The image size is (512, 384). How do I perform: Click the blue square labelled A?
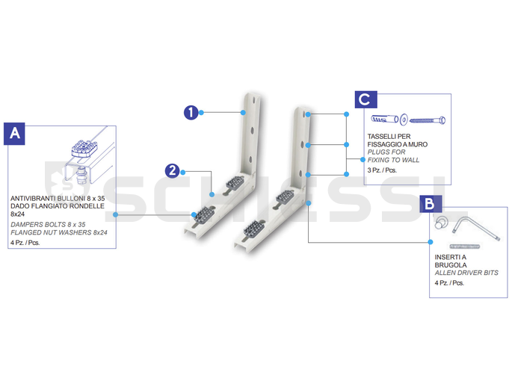(x=14, y=134)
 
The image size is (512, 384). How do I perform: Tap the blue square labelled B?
(x=430, y=204)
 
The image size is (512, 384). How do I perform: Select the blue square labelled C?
(x=366, y=99)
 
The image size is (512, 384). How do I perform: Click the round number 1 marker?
(x=191, y=113)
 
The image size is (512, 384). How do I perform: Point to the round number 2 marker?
(x=172, y=170)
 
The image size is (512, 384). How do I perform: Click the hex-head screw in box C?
(x=428, y=120)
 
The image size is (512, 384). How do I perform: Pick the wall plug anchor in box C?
(x=385, y=119)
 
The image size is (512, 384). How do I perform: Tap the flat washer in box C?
(x=404, y=120)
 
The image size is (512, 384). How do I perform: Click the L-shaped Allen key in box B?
(x=476, y=227)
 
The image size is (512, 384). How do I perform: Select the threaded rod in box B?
(x=465, y=247)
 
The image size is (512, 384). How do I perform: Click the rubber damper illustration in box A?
(x=84, y=149)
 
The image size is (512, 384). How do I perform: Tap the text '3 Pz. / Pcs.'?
(x=382, y=170)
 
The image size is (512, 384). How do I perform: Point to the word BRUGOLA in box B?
(x=451, y=265)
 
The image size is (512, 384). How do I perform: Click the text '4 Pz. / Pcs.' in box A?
(x=25, y=242)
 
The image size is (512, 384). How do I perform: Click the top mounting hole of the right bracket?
(x=308, y=114)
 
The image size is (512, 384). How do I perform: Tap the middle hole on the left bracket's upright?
(x=253, y=131)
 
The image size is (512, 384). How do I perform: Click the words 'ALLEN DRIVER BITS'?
(x=466, y=273)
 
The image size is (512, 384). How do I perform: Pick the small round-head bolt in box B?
(x=441, y=223)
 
